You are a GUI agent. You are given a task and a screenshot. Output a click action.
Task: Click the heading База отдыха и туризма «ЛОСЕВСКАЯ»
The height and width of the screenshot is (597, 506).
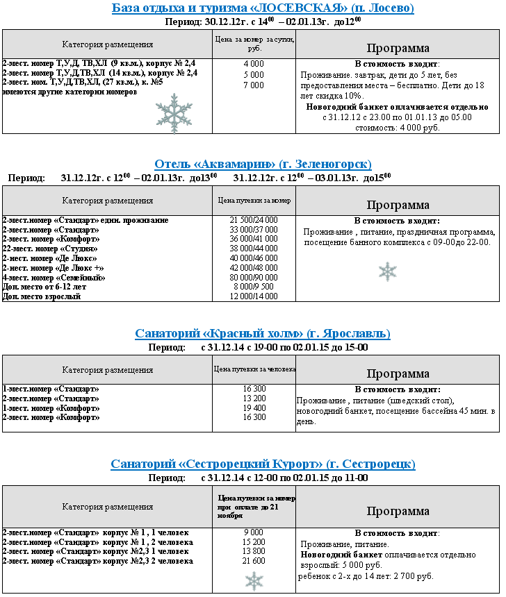tap(263, 8)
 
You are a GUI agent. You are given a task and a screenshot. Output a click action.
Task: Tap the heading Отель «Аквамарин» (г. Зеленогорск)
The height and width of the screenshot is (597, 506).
tap(263, 165)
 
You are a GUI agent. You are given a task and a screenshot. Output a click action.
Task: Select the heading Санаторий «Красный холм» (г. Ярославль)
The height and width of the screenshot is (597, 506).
tap(263, 334)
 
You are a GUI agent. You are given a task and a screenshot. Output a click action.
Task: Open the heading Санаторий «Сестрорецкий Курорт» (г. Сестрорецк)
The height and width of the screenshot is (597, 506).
tap(263, 464)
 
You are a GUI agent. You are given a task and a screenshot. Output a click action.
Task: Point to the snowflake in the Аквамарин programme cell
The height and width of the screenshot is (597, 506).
tap(387, 271)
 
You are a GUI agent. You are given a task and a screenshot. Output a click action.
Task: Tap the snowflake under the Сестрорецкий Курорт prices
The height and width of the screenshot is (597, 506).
tap(254, 580)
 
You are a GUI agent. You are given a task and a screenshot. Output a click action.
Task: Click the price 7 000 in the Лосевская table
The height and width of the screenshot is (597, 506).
tap(254, 85)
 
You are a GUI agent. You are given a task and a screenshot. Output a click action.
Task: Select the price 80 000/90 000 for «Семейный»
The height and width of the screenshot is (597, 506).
tap(254, 277)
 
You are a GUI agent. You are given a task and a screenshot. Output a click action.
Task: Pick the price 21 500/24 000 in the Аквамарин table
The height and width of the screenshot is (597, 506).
tap(254, 220)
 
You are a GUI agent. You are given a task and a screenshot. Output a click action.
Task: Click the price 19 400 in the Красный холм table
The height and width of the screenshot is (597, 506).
tap(254, 408)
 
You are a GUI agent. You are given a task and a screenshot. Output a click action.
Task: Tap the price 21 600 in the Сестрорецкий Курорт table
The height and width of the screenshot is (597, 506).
tap(254, 561)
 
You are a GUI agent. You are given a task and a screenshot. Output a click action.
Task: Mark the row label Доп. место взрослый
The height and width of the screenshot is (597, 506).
tap(42, 296)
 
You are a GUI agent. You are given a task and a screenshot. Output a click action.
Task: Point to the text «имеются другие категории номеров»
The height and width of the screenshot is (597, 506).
tap(70, 92)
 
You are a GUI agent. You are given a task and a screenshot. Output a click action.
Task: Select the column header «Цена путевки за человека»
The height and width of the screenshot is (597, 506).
tap(254, 369)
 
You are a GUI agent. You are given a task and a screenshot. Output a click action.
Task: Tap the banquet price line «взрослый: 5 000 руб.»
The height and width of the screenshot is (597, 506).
tap(341, 565)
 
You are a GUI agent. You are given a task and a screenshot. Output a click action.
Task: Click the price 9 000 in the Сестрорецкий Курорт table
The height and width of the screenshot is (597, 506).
tap(254, 532)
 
